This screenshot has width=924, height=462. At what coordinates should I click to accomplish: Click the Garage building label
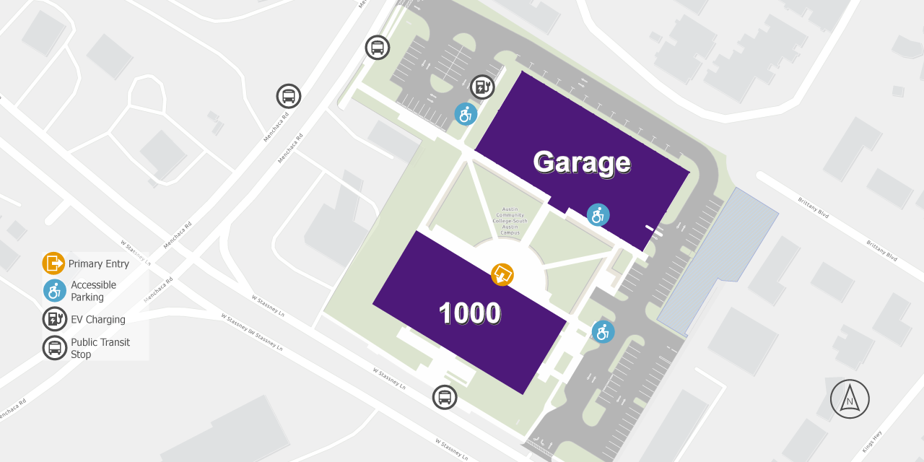[582, 162]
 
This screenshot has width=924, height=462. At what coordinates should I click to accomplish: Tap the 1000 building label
[470, 313]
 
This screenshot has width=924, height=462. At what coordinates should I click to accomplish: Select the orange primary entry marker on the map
[502, 274]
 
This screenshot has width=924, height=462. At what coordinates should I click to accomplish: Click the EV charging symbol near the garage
[482, 87]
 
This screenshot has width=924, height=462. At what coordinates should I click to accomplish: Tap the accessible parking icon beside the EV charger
[466, 114]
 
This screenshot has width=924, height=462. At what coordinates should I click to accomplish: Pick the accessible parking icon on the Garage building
[598, 214]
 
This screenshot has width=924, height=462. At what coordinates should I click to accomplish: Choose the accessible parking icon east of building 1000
[603, 332]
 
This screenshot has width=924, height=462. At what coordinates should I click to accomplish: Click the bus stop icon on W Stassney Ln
[445, 397]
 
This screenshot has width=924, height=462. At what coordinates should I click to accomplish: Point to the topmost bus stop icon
[377, 48]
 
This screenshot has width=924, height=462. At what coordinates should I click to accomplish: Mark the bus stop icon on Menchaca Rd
[289, 96]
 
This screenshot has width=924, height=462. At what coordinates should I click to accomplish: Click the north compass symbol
[850, 399]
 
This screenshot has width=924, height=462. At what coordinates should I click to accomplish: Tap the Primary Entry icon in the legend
[54, 263]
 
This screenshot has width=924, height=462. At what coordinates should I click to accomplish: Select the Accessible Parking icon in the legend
[54, 291]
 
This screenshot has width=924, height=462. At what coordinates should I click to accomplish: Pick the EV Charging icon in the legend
[54, 319]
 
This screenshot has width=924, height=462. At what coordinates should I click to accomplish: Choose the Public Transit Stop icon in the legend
[54, 348]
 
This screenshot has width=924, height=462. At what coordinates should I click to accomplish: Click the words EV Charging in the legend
[98, 319]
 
